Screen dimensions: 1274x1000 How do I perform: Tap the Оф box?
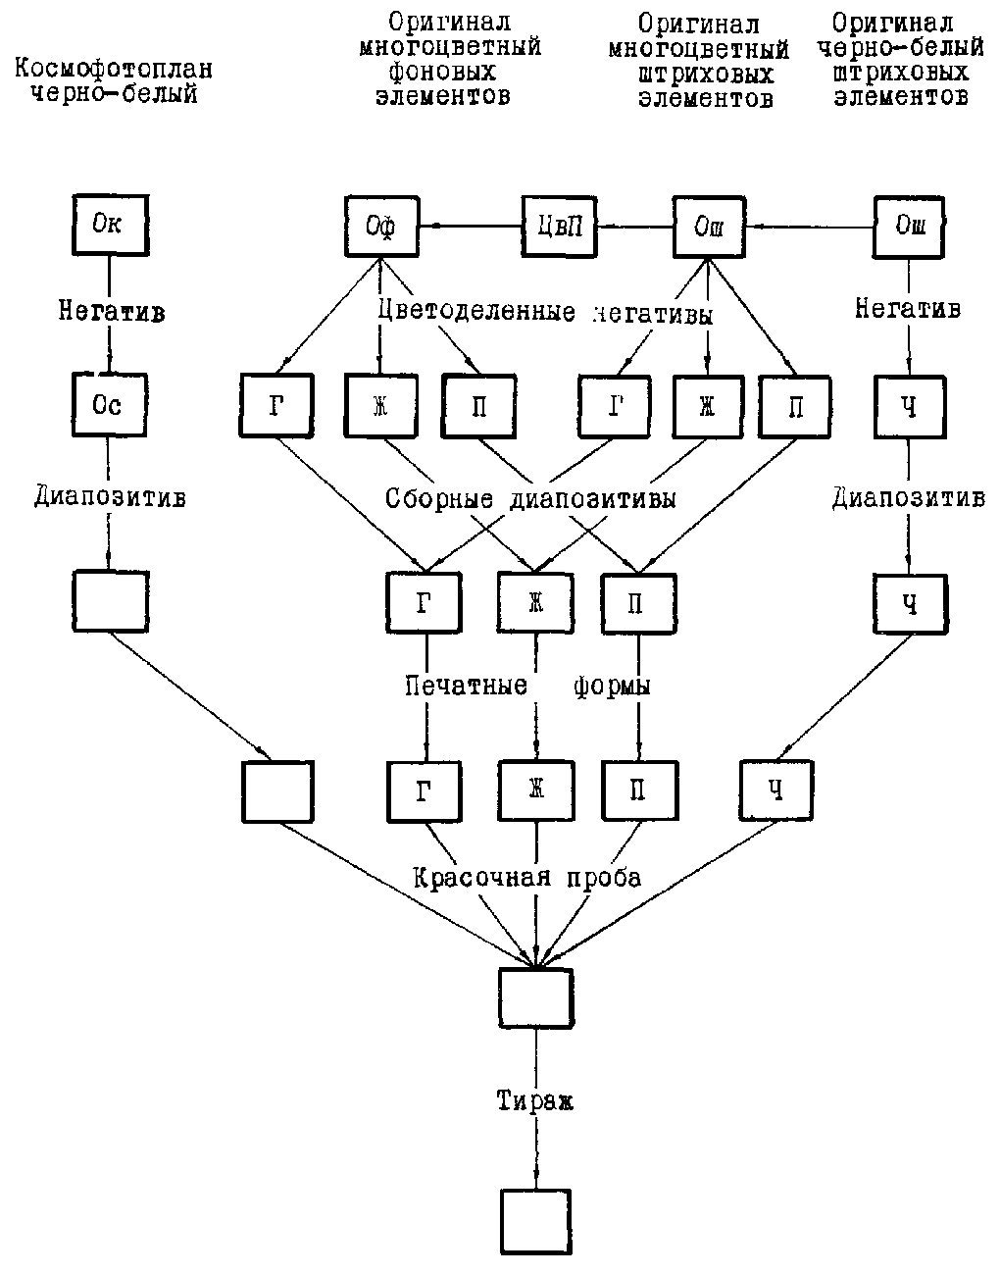pos(381,228)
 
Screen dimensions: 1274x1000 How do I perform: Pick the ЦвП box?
pos(559,228)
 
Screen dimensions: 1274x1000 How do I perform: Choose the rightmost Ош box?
pos(910,228)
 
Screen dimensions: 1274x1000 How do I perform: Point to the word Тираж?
pos(534,1101)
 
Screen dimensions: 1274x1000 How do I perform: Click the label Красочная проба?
pos(527,877)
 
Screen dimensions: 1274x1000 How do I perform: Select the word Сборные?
pos(441,498)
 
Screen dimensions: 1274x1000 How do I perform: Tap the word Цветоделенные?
pos(477,312)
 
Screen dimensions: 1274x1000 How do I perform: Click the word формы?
pos(612,685)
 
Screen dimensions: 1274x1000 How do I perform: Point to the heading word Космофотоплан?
pos(114,71)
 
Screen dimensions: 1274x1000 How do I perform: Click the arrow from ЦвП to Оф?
pos(469,228)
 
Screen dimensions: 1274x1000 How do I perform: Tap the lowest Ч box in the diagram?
pos(776,790)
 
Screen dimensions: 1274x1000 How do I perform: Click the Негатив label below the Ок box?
pos(110,313)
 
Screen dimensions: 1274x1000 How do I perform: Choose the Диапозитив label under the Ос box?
pos(110,496)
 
